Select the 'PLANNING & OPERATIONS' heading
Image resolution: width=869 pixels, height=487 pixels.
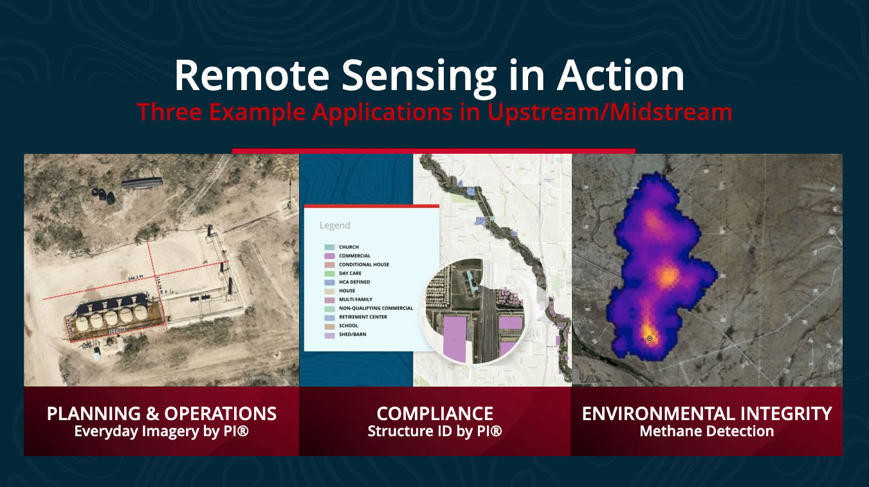pyautogui.click(x=161, y=413)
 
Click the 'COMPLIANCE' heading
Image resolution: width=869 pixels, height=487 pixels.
pyautogui.click(x=435, y=413)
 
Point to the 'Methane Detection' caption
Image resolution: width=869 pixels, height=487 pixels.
pyautogui.click(x=706, y=431)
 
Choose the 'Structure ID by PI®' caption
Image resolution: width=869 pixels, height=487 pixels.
pyautogui.click(x=435, y=431)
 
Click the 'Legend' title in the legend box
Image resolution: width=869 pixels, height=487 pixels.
pyautogui.click(x=334, y=226)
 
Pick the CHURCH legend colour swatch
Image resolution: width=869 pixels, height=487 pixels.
pyautogui.click(x=329, y=247)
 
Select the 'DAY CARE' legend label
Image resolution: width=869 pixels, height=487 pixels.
pyautogui.click(x=350, y=273)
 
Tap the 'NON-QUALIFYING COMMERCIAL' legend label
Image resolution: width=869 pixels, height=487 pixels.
pyautogui.click(x=376, y=308)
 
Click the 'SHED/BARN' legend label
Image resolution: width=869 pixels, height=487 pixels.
pyautogui.click(x=352, y=335)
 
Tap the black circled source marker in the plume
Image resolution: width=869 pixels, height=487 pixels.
pyautogui.click(x=650, y=338)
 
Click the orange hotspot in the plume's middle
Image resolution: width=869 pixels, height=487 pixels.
pyautogui.click(x=668, y=276)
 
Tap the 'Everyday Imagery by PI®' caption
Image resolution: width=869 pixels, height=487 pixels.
pyautogui.click(x=161, y=431)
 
